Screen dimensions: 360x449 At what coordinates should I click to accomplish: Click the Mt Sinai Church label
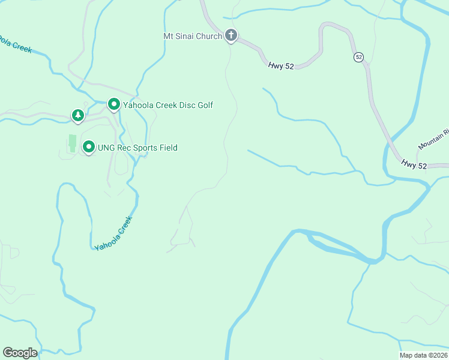point(193,36)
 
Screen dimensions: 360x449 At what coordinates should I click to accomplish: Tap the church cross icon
point(231,35)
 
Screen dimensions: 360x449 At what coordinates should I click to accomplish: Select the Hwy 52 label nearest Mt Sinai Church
point(281,66)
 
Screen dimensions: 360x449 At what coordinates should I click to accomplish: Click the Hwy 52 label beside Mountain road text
point(414,164)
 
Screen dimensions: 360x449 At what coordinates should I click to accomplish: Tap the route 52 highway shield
point(358,57)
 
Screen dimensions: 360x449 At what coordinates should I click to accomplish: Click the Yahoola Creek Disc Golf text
point(167,106)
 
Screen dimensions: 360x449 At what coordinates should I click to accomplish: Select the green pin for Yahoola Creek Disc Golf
point(113,104)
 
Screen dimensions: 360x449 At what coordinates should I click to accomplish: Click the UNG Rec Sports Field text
point(137,148)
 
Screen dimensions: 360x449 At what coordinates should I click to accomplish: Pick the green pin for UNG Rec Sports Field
point(89,146)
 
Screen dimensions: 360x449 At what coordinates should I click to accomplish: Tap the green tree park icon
point(77,114)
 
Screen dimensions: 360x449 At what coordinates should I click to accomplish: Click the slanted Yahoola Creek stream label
point(113,233)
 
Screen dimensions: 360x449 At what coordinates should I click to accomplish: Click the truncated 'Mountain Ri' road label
point(433,140)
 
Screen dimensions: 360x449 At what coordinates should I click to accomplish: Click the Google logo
point(20,353)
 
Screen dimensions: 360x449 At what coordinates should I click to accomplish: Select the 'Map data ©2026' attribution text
point(424,355)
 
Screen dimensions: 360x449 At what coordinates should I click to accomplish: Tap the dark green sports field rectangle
point(73,143)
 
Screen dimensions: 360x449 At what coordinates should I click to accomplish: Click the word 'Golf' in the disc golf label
point(204,106)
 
